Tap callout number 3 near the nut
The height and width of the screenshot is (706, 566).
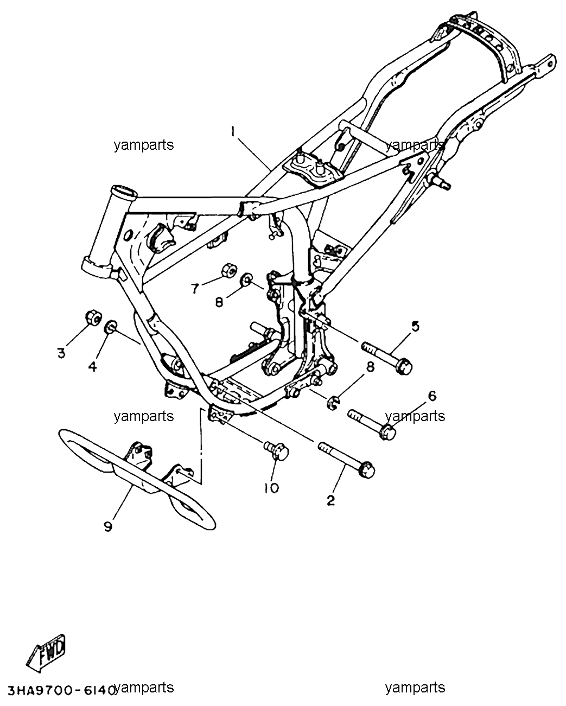click(x=61, y=353)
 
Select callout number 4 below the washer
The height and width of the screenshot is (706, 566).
click(x=93, y=366)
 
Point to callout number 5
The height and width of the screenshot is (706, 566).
click(x=415, y=327)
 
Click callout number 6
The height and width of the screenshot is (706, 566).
click(x=433, y=396)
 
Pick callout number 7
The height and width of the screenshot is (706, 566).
click(x=195, y=289)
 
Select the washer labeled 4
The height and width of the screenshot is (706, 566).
click(x=111, y=327)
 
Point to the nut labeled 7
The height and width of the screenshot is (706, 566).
click(x=228, y=270)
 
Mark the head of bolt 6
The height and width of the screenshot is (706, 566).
click(x=387, y=432)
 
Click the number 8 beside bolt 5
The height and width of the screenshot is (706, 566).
click(x=370, y=367)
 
